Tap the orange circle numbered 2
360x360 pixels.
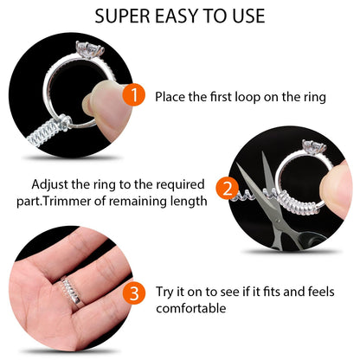(x=227, y=189)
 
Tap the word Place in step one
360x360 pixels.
(x=171, y=97)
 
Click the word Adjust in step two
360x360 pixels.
(x=48, y=184)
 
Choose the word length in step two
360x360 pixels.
(x=189, y=202)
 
